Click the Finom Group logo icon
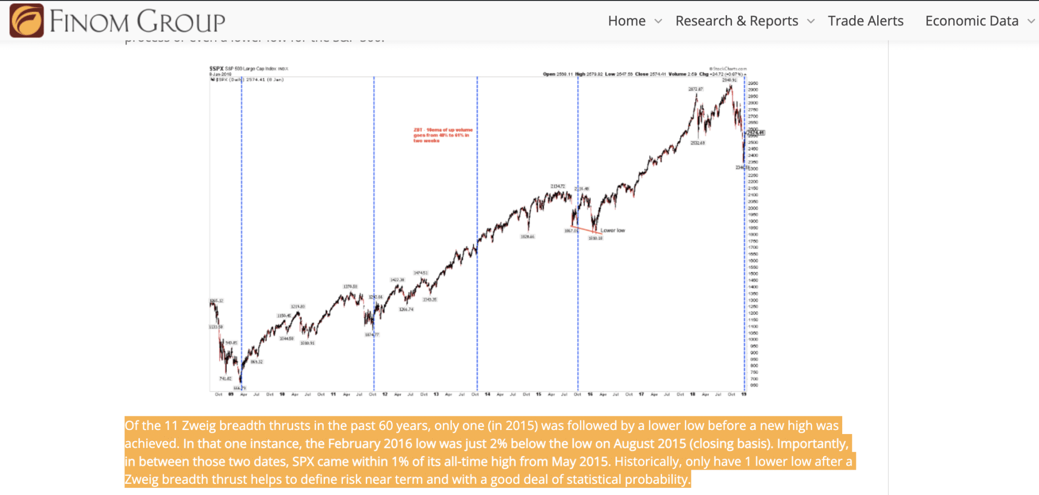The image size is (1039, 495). coord(27,20)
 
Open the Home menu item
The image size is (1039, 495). coord(627,21)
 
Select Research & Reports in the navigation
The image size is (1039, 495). coord(737,21)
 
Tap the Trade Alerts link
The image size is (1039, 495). coord(865,21)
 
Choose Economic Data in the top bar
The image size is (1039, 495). coord(972,21)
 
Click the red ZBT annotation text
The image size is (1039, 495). coord(442,135)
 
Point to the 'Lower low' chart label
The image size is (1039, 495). coord(613,230)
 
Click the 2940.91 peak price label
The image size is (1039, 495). coord(729,80)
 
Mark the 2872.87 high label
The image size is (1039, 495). coord(696,89)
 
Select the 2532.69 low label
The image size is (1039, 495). coord(698,143)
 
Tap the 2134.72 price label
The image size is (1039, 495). coord(558,186)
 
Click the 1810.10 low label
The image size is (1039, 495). coord(595,238)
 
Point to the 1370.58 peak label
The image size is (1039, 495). coord(350,287)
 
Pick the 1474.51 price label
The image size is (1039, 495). coord(421,273)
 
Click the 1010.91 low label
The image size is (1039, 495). coord(307,343)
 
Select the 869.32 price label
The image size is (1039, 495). coord(257,362)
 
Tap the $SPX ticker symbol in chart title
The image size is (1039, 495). coord(217,69)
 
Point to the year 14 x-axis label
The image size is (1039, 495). coord(488,394)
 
